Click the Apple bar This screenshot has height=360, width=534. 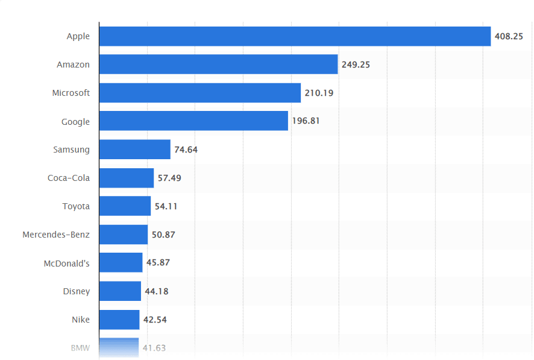[x=295, y=36]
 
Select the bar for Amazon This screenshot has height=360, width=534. [x=218, y=65]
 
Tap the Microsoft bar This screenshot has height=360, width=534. [x=199, y=93]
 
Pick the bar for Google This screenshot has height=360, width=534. [x=193, y=121]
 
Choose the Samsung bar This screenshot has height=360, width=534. [x=134, y=150]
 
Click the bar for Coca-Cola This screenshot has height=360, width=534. [x=126, y=178]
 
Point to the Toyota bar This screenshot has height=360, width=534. [x=125, y=206]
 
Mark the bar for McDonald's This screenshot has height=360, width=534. [x=121, y=263]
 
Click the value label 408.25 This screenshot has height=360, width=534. [x=509, y=36]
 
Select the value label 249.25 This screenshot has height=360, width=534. [x=356, y=65]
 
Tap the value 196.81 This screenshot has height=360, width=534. [x=306, y=121]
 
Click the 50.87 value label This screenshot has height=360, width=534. [x=163, y=235]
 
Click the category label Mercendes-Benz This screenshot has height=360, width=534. [x=56, y=235]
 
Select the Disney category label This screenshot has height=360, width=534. [x=77, y=291]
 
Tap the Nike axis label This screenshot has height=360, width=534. [x=81, y=320]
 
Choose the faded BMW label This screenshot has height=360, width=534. [x=80, y=348]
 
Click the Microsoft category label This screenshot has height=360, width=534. [x=71, y=93]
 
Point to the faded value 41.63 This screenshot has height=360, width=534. [x=154, y=348]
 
